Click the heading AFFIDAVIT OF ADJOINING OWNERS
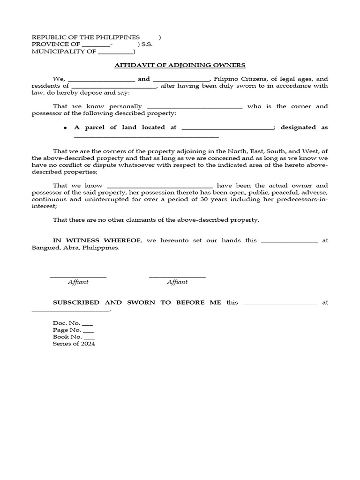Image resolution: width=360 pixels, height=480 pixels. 180,65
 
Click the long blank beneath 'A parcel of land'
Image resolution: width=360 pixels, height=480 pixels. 146,137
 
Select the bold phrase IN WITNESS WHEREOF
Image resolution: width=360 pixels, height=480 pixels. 97,240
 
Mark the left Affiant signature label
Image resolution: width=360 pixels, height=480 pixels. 78,282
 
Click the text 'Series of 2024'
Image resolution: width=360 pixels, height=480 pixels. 74,344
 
